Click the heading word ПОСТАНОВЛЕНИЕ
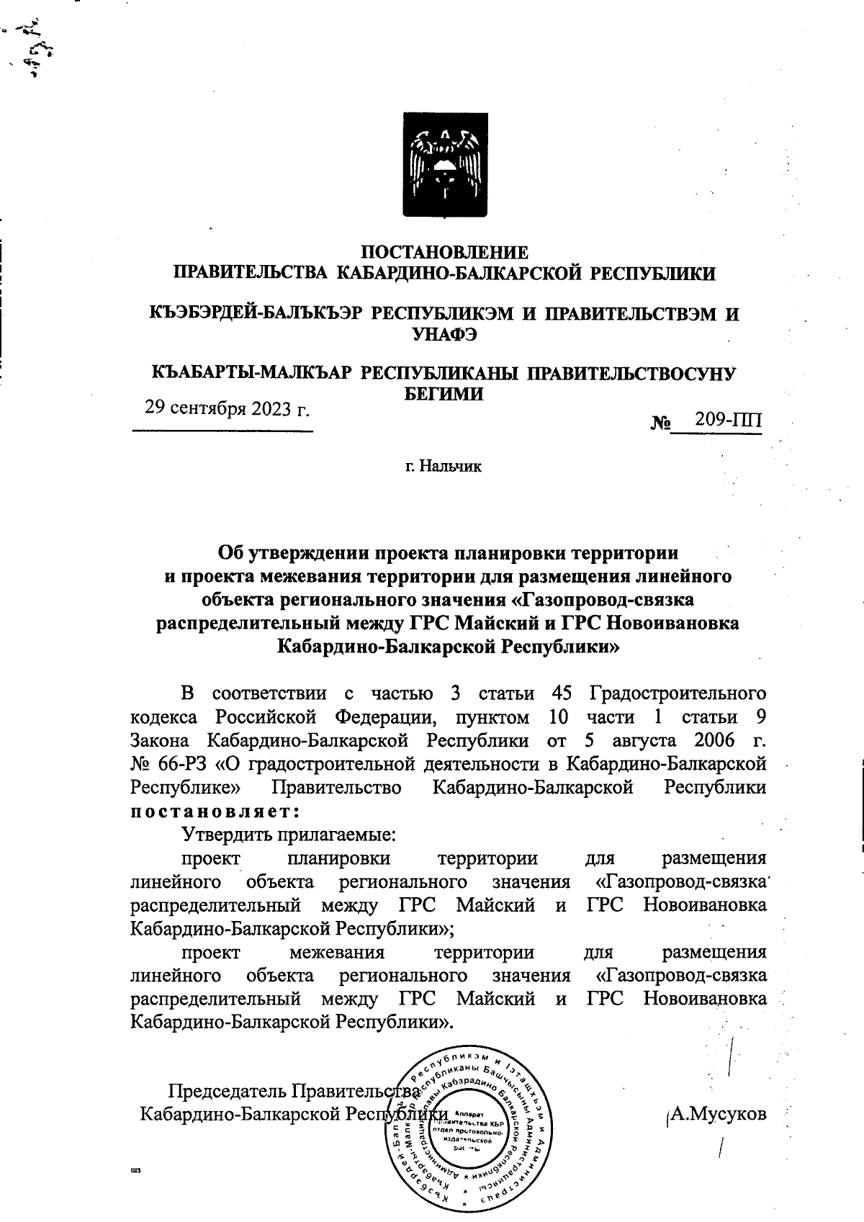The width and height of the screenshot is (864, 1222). (x=444, y=253)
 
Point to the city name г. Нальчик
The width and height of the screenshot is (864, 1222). (x=443, y=467)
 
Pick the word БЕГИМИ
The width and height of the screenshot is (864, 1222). (x=443, y=394)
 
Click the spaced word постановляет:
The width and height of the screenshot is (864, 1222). (x=215, y=811)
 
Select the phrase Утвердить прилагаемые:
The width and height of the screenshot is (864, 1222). (x=290, y=835)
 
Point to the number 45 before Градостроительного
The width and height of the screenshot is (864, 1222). (x=561, y=693)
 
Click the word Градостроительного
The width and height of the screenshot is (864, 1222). (x=677, y=693)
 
